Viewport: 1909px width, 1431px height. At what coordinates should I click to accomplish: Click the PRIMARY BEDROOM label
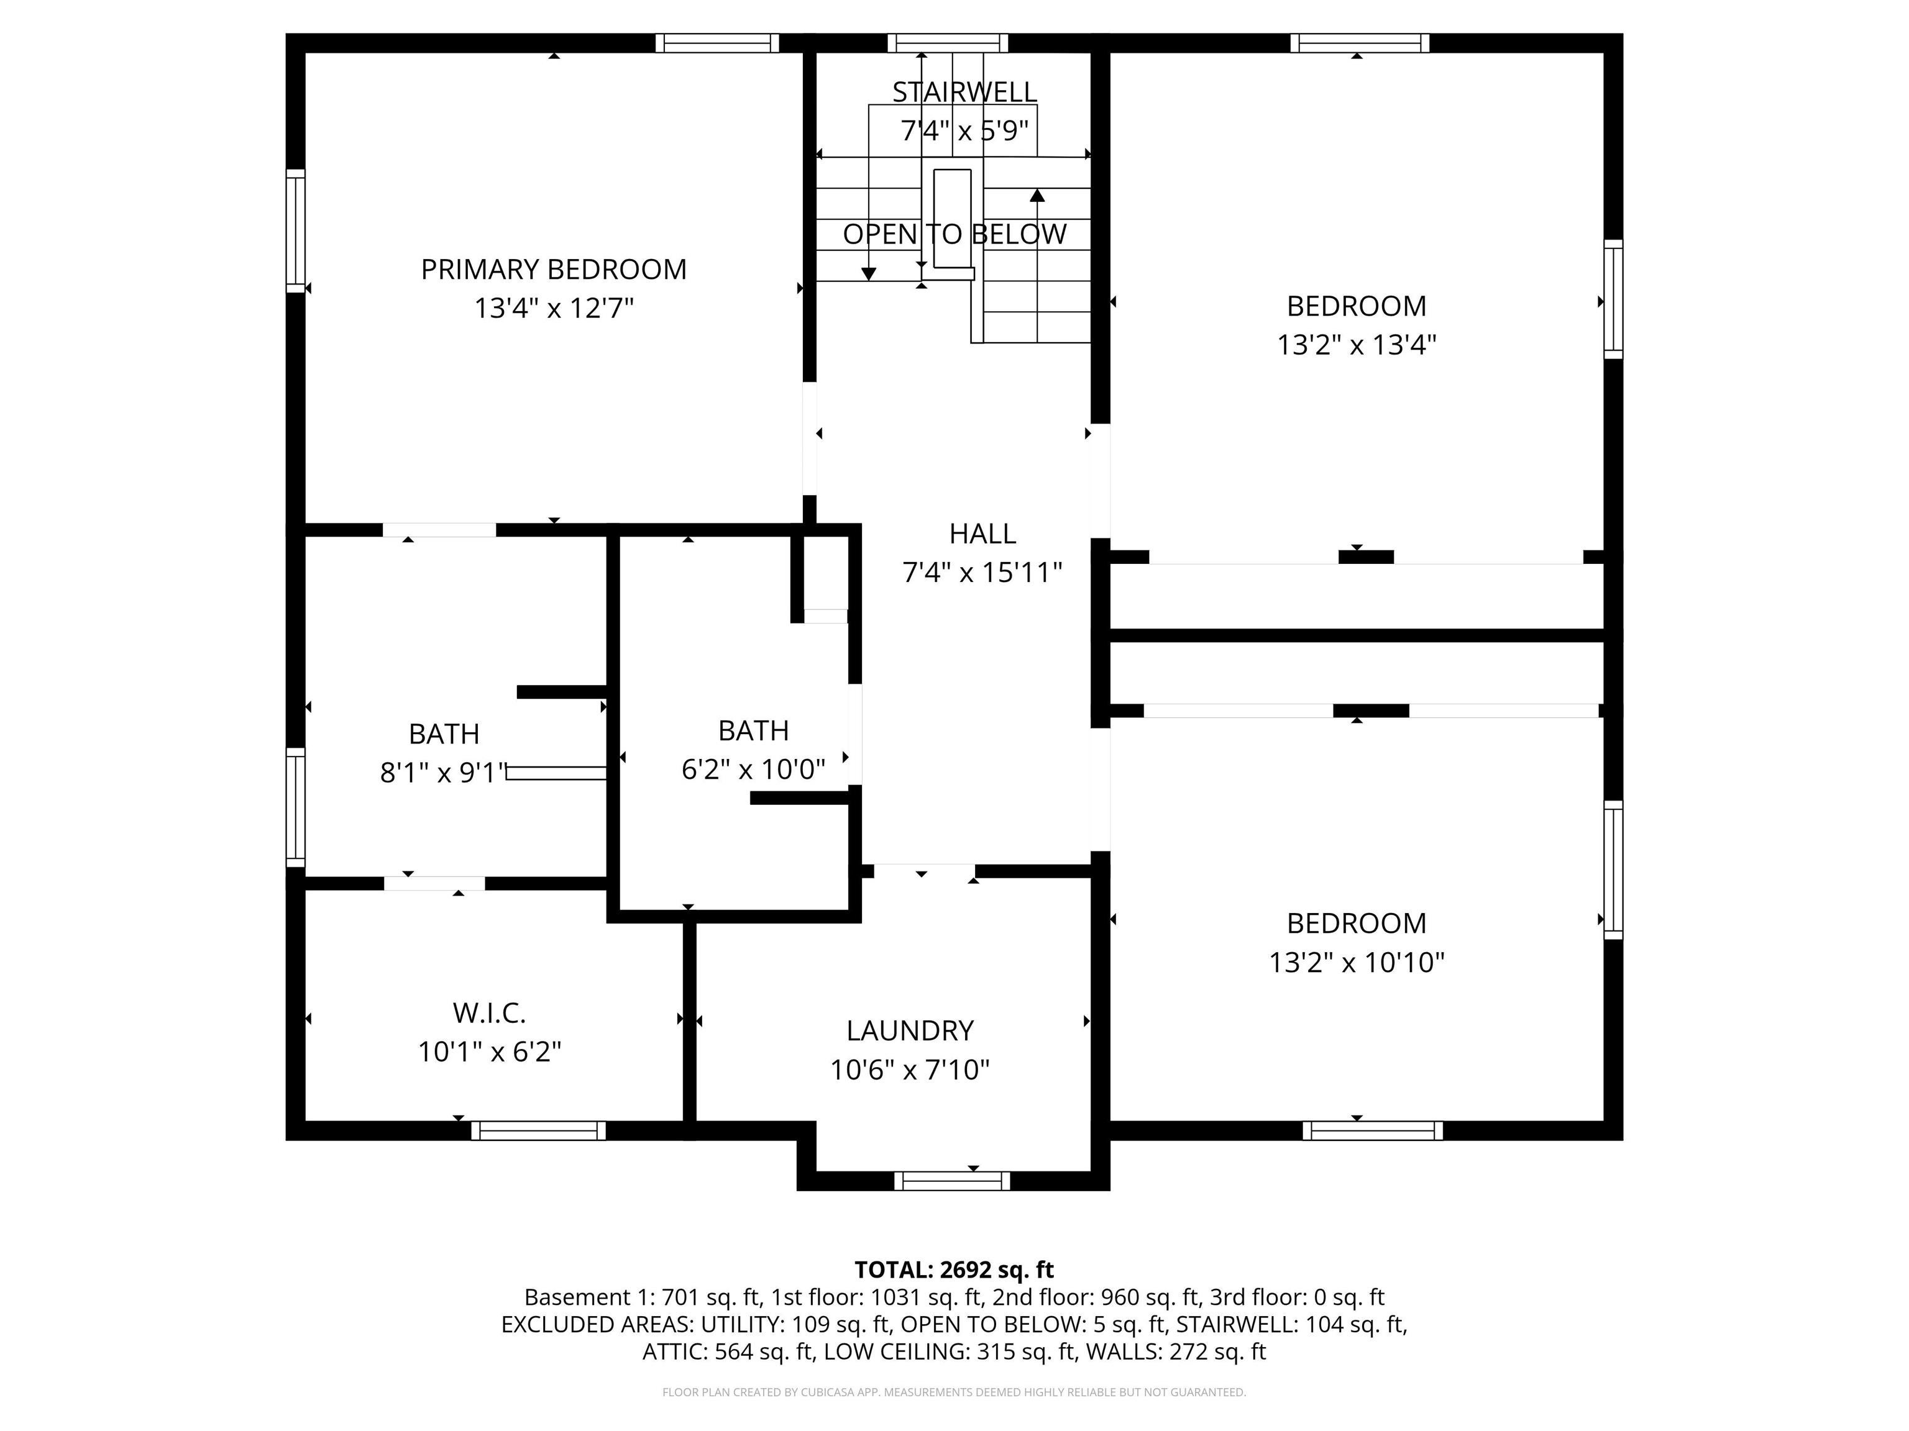pyautogui.click(x=553, y=269)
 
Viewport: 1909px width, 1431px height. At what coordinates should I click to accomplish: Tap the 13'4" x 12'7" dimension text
pyautogui.click(x=553, y=308)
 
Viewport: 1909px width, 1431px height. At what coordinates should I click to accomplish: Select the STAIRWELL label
pyautogui.click(x=964, y=91)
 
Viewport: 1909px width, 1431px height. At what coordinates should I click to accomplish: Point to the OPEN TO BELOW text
pyautogui.click(x=954, y=234)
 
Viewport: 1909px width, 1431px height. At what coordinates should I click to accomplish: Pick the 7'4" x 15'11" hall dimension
pyautogui.click(x=982, y=572)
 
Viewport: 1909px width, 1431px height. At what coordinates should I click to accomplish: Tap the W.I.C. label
pyautogui.click(x=489, y=1012)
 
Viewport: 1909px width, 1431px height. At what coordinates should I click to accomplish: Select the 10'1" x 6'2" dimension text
pyautogui.click(x=489, y=1052)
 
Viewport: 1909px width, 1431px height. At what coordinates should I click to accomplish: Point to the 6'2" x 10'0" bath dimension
pyautogui.click(x=753, y=768)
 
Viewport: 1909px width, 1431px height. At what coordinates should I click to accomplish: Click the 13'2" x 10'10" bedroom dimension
pyautogui.click(x=1356, y=961)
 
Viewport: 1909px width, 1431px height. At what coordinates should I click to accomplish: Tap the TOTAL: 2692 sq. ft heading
pyautogui.click(x=954, y=1270)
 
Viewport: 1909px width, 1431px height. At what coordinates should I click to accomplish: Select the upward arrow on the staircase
pyautogui.click(x=1037, y=196)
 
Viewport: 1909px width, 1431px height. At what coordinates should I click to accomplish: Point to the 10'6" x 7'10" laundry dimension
pyautogui.click(x=910, y=1070)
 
